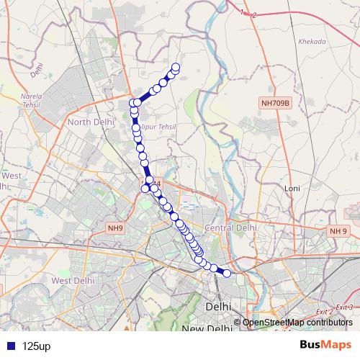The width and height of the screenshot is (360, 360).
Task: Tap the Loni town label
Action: (292, 188)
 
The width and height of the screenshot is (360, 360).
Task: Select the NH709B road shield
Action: (275, 104)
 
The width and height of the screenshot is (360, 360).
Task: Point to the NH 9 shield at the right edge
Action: (338, 230)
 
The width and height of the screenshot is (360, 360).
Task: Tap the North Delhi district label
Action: (91, 122)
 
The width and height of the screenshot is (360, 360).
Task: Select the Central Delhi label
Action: (230, 228)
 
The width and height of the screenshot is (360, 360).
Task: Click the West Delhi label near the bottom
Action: (73, 281)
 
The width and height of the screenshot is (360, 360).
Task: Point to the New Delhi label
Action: (206, 329)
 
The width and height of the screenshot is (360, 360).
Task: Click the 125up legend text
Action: (36, 346)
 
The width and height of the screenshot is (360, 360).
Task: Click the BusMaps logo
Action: (325, 345)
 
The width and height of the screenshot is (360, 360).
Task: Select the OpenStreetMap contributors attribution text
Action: (297, 323)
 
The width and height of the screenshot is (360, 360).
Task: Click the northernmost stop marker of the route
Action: (175, 68)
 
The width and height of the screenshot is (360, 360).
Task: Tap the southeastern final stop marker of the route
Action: (228, 273)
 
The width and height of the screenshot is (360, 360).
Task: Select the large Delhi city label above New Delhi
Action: (218, 306)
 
